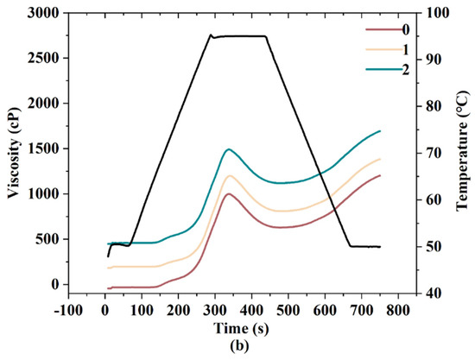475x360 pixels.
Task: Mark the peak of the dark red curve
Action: point(228,193)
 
